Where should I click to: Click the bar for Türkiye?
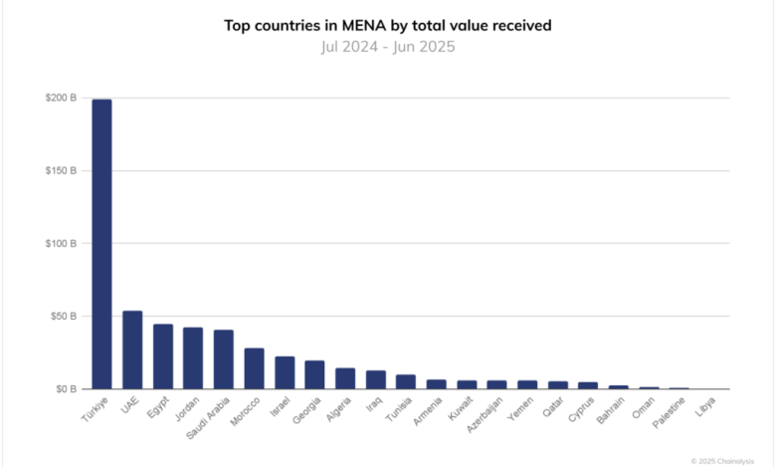101,244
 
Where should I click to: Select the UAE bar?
132,350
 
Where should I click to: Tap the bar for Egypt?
163,356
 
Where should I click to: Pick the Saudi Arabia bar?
224,359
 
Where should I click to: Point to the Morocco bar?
255,368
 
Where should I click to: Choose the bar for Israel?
285,372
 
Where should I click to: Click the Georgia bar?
315,374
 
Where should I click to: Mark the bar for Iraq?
376,379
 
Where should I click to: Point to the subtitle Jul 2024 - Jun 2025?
388,46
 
